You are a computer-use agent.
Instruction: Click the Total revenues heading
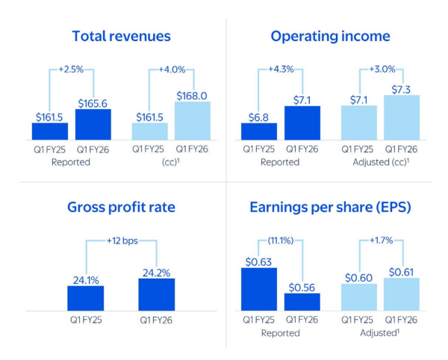click(x=121, y=36)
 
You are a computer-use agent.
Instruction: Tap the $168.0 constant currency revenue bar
click(x=193, y=121)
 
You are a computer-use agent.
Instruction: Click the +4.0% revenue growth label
click(x=172, y=70)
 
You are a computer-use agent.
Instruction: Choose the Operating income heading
click(x=330, y=36)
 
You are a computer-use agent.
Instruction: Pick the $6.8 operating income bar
click(x=259, y=131)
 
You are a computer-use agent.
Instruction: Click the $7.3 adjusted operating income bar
click(x=402, y=117)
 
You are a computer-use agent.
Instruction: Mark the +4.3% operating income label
click(x=281, y=70)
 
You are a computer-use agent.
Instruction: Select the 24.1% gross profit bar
click(x=86, y=298)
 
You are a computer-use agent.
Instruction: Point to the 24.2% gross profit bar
click(x=156, y=294)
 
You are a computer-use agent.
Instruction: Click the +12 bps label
click(x=121, y=241)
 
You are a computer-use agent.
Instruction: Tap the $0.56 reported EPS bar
click(x=302, y=301)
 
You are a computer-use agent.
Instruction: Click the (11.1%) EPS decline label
click(x=281, y=241)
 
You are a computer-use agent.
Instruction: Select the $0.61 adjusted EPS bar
click(x=402, y=294)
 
